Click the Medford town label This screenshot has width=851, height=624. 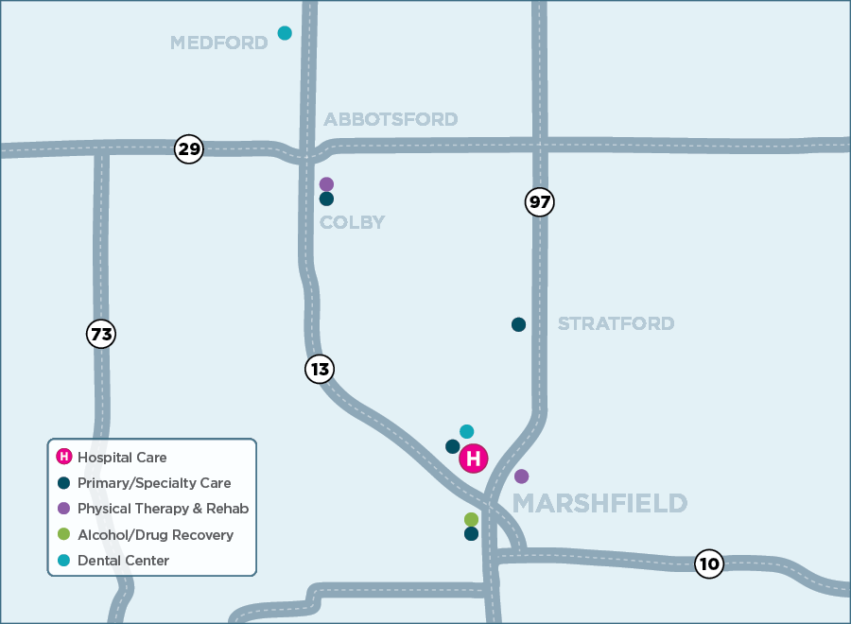tap(218, 43)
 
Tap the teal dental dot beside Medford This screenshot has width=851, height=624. tap(285, 33)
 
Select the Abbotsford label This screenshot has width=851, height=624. tap(391, 119)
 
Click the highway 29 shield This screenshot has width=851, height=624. tap(189, 149)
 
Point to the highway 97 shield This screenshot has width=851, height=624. tap(539, 201)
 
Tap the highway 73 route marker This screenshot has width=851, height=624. tap(101, 334)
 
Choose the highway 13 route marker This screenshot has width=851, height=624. tap(320, 369)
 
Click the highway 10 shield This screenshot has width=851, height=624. tap(708, 564)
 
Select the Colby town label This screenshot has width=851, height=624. tap(352, 223)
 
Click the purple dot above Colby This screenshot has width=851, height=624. tap(326, 183)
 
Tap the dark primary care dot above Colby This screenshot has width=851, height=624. tap(326, 199)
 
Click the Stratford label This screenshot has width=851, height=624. tap(616, 324)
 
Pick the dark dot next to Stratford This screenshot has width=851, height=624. tap(518, 324)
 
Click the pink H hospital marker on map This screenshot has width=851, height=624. tap(474, 459)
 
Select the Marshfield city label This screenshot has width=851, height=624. tap(599, 503)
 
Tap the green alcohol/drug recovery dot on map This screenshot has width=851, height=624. tap(471, 519)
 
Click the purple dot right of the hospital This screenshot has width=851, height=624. tap(521, 477)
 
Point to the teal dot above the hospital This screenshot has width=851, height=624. tap(466, 431)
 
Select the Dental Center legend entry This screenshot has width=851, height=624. tap(123, 561)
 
